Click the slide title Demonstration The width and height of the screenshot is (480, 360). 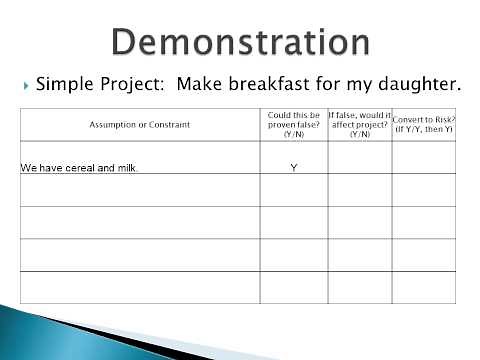pyautogui.click(x=240, y=41)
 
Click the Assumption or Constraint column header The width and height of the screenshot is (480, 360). pyautogui.click(x=139, y=125)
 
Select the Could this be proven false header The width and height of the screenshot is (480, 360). pyautogui.click(x=293, y=125)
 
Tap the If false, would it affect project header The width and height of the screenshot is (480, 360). pyautogui.click(x=359, y=125)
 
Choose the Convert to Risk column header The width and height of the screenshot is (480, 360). pyautogui.click(x=423, y=125)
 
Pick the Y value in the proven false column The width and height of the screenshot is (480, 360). pyautogui.click(x=293, y=167)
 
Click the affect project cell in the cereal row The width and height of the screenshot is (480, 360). pyautogui.click(x=359, y=158)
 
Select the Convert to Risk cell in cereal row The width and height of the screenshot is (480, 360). pyautogui.click(x=423, y=158)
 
